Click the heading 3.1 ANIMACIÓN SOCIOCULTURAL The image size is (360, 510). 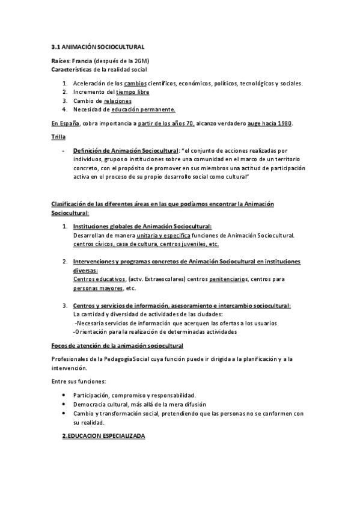tap(97, 46)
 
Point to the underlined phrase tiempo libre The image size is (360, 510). tap(133, 92)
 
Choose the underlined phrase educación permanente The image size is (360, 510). tap(143, 109)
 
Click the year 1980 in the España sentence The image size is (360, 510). tap(284, 123)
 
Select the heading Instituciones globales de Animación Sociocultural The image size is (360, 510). tap(142, 227)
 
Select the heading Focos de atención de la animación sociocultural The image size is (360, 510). tap(117, 346)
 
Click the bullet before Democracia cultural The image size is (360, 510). tap(64, 405)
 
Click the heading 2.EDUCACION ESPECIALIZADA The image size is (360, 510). tap(104, 436)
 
